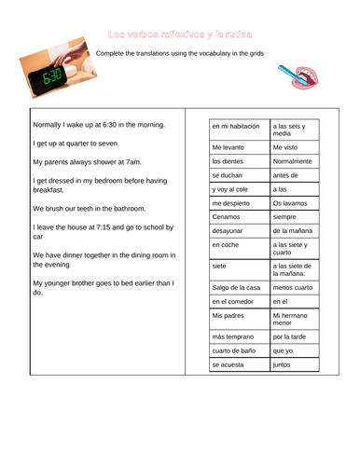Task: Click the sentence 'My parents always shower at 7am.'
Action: tap(93, 160)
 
